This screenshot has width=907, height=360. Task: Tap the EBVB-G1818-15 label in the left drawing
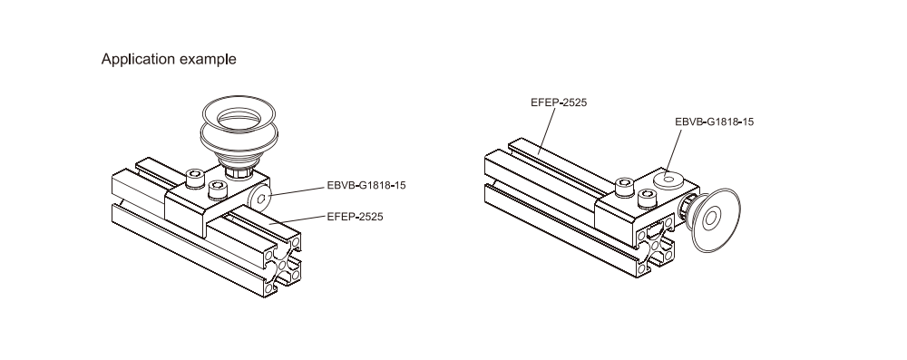click(x=366, y=186)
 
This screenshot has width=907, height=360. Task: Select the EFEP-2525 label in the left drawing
click(x=355, y=217)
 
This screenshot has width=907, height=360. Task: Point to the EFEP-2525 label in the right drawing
click(x=558, y=102)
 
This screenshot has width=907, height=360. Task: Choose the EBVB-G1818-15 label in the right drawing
click(x=715, y=122)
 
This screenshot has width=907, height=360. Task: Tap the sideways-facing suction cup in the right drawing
click(x=717, y=220)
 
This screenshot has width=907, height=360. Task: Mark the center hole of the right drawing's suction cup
click(x=711, y=218)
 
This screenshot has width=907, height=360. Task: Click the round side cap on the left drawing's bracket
click(x=261, y=198)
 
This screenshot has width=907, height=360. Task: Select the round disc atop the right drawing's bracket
click(x=668, y=180)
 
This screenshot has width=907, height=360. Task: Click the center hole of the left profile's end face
click(x=283, y=265)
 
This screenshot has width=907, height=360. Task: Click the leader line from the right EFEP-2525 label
click(x=547, y=131)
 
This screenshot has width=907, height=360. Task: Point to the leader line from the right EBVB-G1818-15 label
click(x=674, y=152)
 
